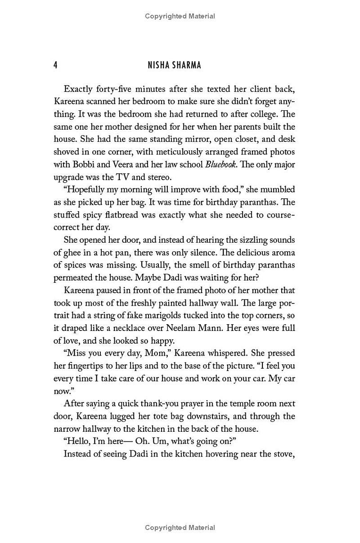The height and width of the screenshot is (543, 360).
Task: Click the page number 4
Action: point(55,65)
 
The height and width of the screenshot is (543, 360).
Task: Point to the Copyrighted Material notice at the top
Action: point(180,16)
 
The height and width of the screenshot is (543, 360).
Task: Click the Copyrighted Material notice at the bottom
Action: point(180,527)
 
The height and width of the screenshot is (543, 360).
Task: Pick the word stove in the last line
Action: point(283,454)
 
